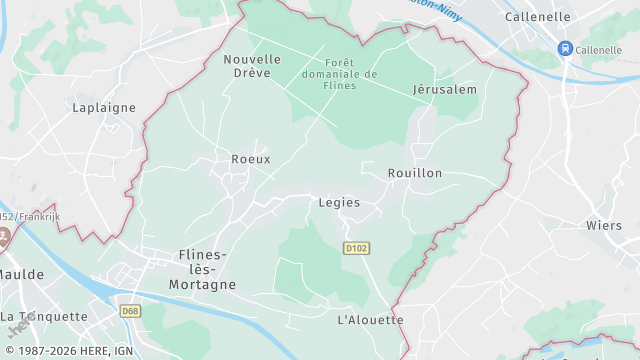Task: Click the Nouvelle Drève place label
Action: (x=252, y=66)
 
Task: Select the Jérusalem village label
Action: (x=444, y=89)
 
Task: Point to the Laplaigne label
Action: (x=103, y=107)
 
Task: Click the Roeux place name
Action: (x=250, y=159)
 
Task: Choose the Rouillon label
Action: (x=414, y=173)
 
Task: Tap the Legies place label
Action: (x=338, y=202)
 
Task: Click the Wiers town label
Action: (x=604, y=225)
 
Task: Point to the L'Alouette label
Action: (x=370, y=319)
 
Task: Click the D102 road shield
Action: (x=355, y=247)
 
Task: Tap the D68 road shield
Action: (x=130, y=311)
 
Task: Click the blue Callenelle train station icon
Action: (x=565, y=49)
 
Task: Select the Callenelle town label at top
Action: (x=537, y=17)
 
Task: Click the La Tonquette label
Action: (x=44, y=316)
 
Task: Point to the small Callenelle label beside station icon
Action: (x=599, y=49)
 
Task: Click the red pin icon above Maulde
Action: (x=4, y=239)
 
